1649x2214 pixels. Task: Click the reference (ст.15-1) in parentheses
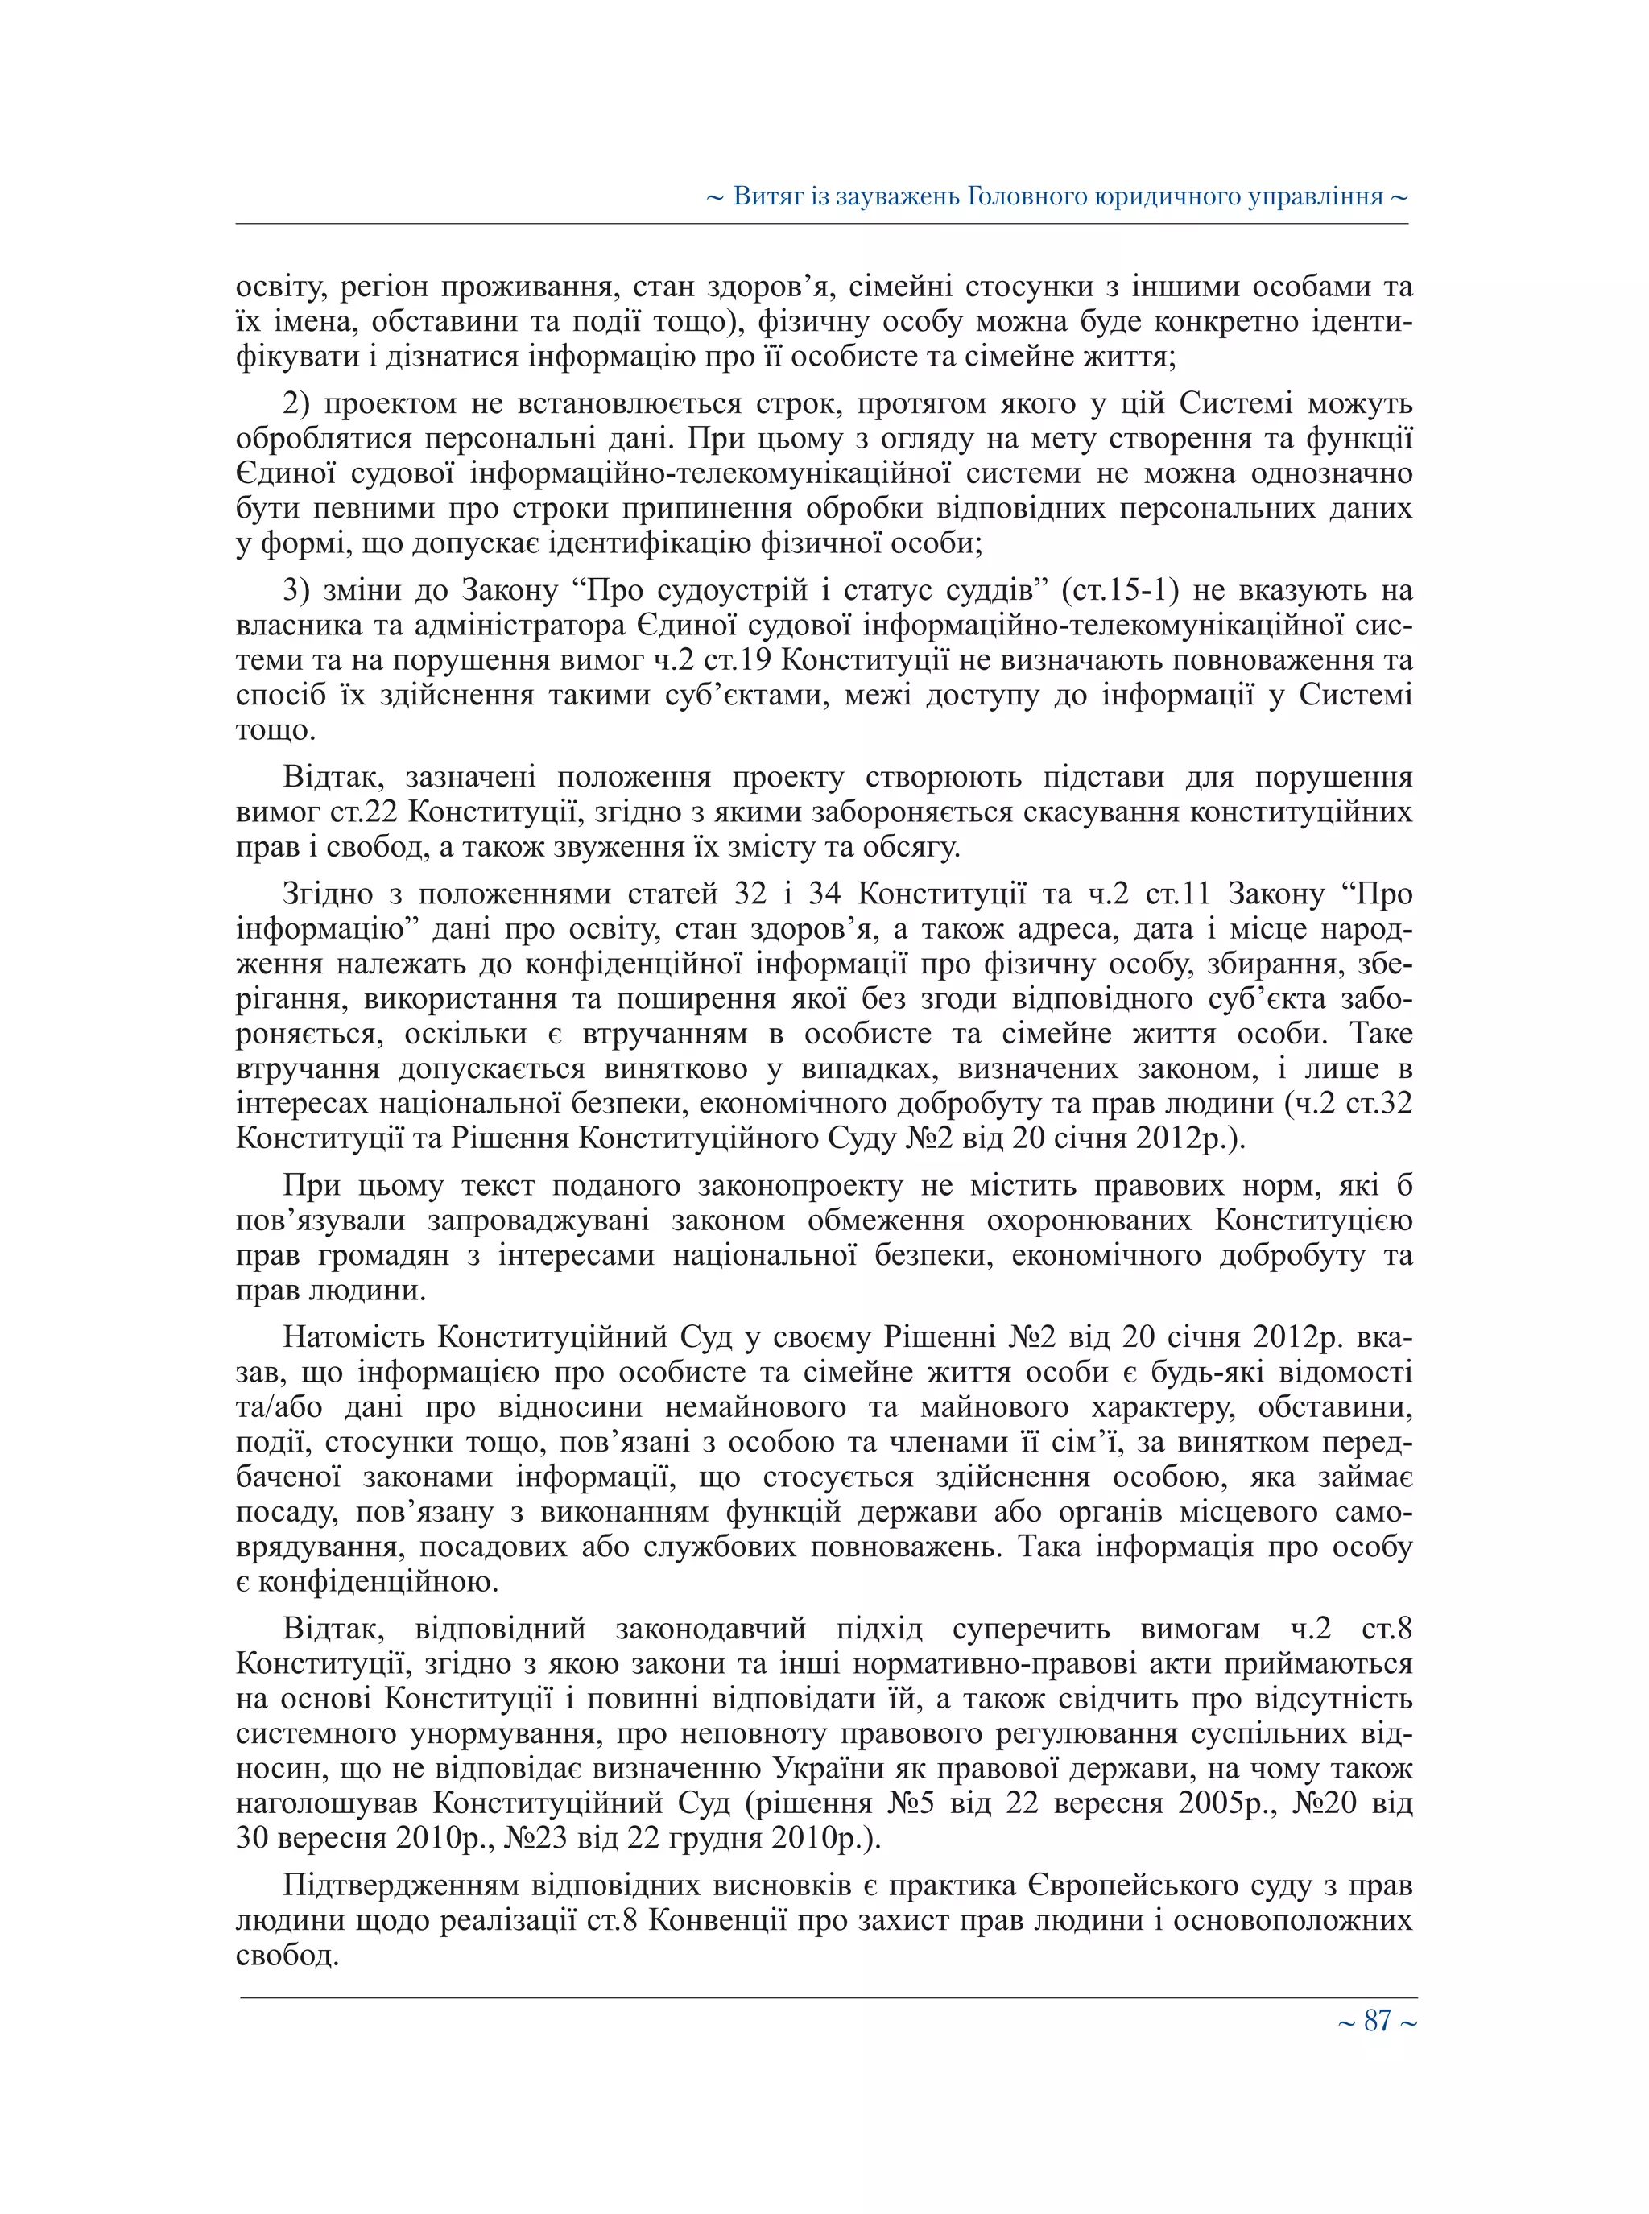1120,590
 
